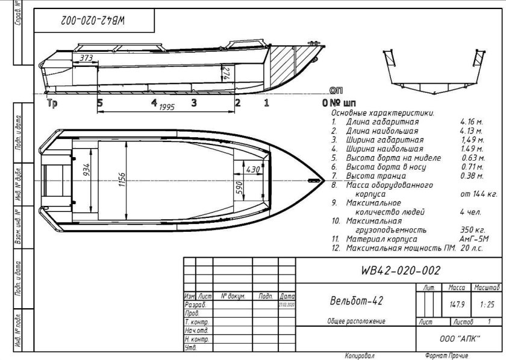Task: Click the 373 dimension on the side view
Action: [87, 58]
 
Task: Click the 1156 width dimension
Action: [122, 179]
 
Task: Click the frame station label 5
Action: [100, 102]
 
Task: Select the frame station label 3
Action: [193, 102]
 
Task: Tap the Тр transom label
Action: [52, 103]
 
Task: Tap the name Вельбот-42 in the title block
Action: [357, 300]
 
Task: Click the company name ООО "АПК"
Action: [460, 339]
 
